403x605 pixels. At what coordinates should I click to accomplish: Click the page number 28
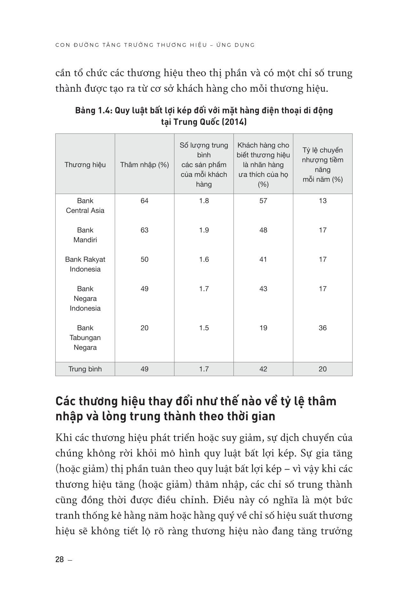pos(59,560)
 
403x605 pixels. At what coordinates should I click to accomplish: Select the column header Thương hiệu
pos(85,165)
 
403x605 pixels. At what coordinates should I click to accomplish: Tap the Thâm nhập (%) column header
pos(145,165)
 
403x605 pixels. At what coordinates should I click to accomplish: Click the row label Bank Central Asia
pos(85,206)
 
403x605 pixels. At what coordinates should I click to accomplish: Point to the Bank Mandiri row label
pos(85,235)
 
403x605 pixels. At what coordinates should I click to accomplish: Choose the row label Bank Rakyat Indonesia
pos(85,264)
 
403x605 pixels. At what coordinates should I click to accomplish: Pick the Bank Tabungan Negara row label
pos(85,337)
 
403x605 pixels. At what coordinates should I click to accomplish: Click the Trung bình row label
pos(85,369)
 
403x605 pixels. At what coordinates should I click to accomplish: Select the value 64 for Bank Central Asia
pos(145,201)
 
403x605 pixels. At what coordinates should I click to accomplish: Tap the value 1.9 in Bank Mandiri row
pos(204,230)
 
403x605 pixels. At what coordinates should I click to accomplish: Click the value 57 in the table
pos(263,201)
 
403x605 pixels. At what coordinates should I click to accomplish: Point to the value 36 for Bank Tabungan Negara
pos(322,328)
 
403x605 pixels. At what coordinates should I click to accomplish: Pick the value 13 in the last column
pos(322,201)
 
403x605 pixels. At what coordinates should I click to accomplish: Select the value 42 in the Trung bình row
pos(263,369)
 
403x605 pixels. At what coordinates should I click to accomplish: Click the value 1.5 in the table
pos(204,328)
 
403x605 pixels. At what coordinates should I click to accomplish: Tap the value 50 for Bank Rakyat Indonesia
pos(145,259)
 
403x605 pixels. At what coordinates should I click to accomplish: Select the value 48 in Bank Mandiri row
pos(263,230)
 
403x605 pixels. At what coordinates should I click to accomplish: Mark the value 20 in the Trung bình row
pos(322,369)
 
